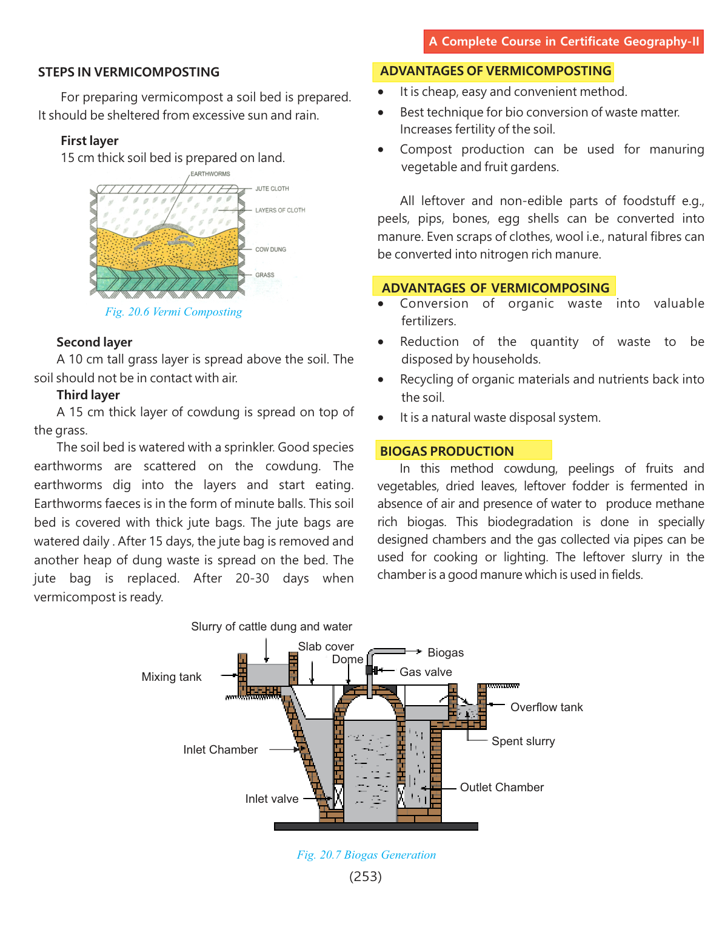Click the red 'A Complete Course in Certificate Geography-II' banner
point(564,41)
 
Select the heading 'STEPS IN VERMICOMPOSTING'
point(129,72)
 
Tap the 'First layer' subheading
point(90,141)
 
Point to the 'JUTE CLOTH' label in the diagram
point(272,189)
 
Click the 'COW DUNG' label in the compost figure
point(270,249)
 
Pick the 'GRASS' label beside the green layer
point(264,275)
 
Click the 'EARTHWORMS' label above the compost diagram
point(210,174)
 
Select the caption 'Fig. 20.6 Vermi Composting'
point(173,312)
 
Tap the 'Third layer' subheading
point(89,395)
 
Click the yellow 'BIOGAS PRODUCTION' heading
point(447,451)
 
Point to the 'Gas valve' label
point(426,672)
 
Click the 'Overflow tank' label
point(546,707)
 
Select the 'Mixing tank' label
point(172,677)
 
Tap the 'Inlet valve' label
point(272,799)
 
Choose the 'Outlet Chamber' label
point(502,787)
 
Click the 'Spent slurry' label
point(523,741)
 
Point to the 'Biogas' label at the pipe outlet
point(446,652)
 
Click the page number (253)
point(366,876)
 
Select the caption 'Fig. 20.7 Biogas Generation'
point(366,855)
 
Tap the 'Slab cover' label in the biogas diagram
point(326,646)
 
